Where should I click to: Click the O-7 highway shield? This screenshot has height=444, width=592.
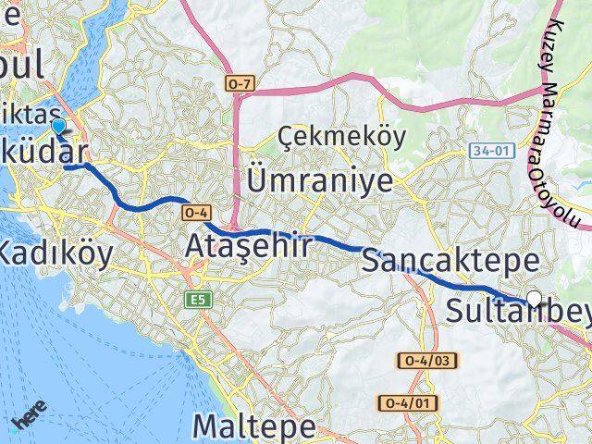click(x=240, y=84)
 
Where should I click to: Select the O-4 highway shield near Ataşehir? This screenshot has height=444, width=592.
click(x=195, y=212)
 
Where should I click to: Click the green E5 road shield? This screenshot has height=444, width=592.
click(x=195, y=300)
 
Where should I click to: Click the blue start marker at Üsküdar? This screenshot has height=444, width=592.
click(x=58, y=127)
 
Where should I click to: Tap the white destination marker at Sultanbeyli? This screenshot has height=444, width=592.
click(x=534, y=298)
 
